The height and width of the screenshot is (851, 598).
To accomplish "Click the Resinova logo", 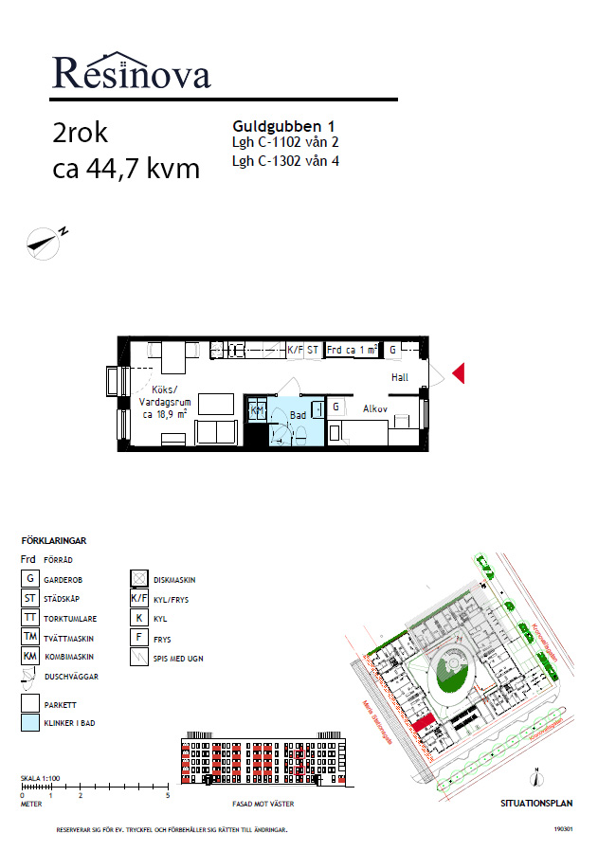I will [131, 72].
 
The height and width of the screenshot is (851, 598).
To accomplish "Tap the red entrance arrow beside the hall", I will [458, 373].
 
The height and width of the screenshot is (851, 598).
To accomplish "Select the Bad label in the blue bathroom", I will [298, 414].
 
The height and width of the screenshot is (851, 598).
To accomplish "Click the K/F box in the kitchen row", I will [295, 350].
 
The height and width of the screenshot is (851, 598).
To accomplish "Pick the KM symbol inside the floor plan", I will [256, 409].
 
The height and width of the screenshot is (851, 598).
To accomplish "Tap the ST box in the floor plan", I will [313, 350].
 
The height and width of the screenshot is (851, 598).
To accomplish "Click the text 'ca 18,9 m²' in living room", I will [164, 414].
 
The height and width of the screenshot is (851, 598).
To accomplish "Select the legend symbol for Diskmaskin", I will [137, 578].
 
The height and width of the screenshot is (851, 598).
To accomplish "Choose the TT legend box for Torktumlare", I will [30, 618].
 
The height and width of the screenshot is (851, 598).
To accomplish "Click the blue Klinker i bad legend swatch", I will [30, 723].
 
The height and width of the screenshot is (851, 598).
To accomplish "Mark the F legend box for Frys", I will [137, 638].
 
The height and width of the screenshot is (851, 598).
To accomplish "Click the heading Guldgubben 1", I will [283, 125].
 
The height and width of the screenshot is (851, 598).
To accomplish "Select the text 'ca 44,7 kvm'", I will [126, 169].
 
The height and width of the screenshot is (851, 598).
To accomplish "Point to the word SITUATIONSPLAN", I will [536, 803].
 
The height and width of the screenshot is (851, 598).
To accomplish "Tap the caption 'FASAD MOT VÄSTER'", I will [263, 804].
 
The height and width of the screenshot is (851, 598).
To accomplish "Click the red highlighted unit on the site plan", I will [424, 724].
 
